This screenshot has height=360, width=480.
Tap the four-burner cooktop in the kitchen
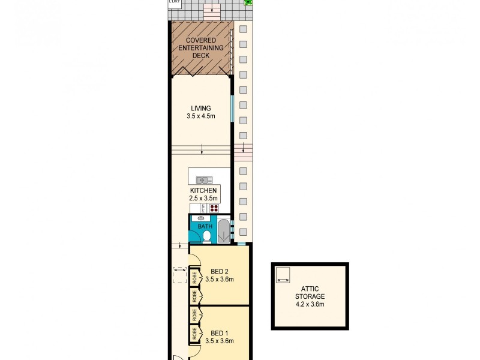(x=214, y=208)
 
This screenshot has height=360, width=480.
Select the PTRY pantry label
(x=203, y=208)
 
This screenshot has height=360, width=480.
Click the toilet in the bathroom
(x=206, y=237)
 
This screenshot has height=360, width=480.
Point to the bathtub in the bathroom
(x=223, y=231)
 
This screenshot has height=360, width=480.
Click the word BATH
(x=205, y=227)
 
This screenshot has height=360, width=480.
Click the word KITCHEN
(x=203, y=191)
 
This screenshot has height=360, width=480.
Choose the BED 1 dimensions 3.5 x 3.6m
(x=218, y=341)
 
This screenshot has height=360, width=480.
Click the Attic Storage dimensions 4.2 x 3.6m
(x=310, y=304)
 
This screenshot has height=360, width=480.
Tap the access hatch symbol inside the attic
(x=282, y=275)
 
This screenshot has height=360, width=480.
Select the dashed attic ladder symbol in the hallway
(x=179, y=274)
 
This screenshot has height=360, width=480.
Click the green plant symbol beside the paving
(x=248, y=3)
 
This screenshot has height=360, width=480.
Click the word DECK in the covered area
(x=200, y=56)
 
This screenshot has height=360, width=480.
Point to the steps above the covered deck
(x=211, y=10)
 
